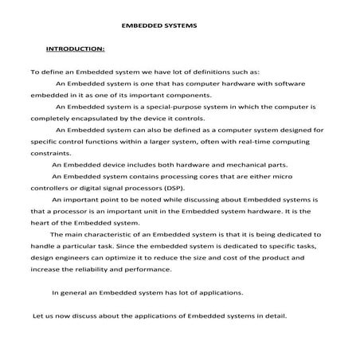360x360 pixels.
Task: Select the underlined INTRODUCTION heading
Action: pos(76,49)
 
